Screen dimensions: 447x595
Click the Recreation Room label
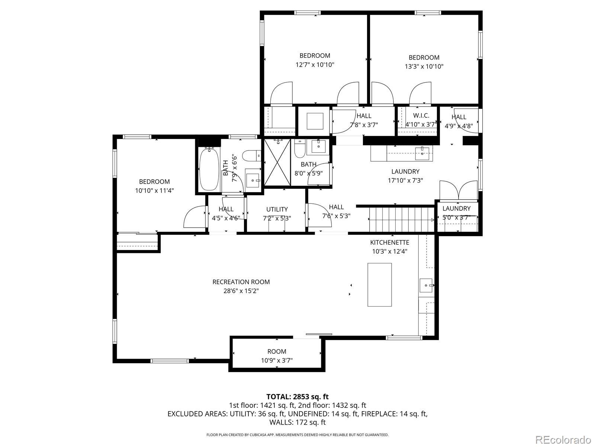(x=241, y=282)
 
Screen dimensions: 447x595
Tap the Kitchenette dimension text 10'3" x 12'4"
(x=389, y=251)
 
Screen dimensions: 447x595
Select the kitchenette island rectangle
(x=380, y=285)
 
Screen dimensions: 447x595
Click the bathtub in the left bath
(x=209, y=168)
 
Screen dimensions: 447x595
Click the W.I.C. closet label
(x=421, y=116)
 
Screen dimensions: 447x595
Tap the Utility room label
(x=277, y=209)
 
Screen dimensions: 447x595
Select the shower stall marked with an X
(x=277, y=162)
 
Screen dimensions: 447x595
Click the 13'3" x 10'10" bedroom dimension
(x=424, y=67)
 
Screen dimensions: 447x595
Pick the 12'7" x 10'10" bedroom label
(x=315, y=56)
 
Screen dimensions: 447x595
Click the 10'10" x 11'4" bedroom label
(x=154, y=182)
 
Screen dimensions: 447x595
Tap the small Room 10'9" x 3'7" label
(x=277, y=352)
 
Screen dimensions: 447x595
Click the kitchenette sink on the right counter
(x=426, y=285)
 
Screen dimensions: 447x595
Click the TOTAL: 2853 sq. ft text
(x=297, y=397)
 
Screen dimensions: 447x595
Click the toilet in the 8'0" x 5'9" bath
(x=299, y=150)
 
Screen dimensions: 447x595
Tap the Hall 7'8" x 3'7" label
(x=364, y=116)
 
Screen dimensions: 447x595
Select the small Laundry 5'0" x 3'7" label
(x=456, y=209)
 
